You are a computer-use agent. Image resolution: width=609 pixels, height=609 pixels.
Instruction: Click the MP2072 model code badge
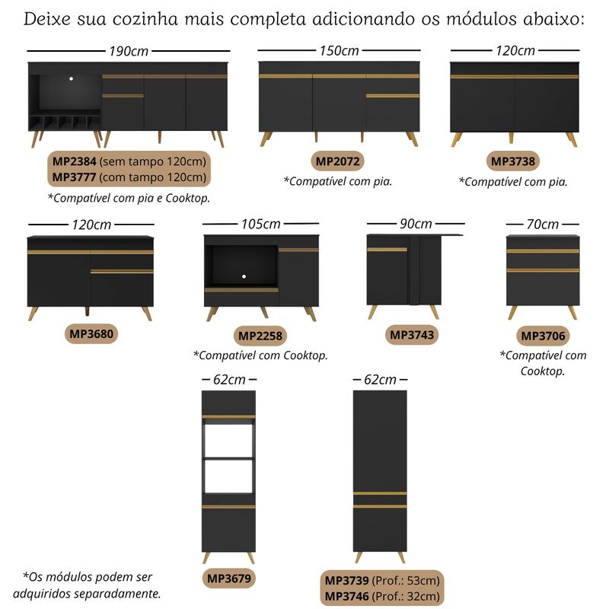[x=337, y=161]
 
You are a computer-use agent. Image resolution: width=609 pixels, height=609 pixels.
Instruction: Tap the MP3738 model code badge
[x=512, y=161]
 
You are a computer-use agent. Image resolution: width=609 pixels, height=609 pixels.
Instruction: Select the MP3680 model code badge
[x=91, y=334]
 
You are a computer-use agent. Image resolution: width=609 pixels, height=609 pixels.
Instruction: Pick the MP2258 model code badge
[x=260, y=336]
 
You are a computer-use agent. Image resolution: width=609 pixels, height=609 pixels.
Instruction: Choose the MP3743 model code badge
[x=412, y=335]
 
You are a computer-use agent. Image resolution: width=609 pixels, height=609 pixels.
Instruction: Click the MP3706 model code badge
[x=543, y=336]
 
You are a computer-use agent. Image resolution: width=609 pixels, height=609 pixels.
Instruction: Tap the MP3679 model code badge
[x=229, y=579]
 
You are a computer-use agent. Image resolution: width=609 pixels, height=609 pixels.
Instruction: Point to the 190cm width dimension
[x=129, y=51]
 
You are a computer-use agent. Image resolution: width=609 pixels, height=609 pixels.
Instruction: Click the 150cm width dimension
[x=339, y=50]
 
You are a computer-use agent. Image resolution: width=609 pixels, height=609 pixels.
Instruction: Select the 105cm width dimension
[x=260, y=224]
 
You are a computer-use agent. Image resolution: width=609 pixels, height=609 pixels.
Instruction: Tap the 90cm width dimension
[x=416, y=224]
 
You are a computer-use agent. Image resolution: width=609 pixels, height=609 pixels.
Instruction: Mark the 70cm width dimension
[x=542, y=224]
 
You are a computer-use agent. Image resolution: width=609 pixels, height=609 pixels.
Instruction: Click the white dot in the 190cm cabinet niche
[x=71, y=79]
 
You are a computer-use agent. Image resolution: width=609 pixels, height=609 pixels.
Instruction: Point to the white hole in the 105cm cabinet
[x=244, y=276]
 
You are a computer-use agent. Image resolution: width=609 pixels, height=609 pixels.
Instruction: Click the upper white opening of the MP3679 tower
[x=229, y=441]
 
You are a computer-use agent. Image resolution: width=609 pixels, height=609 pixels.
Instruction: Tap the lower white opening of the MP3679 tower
[x=229, y=477]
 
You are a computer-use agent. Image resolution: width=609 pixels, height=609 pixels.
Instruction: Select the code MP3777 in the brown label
[x=74, y=177]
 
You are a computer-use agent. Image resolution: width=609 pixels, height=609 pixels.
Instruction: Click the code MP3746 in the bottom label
[x=346, y=596]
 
